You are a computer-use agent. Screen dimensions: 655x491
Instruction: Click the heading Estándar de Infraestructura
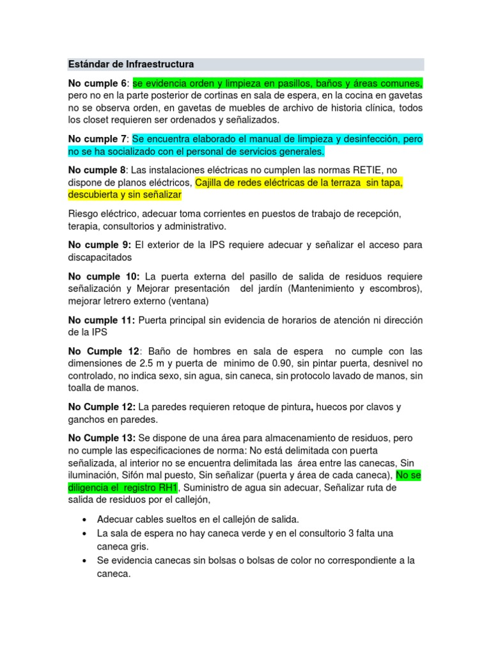(x=130, y=65)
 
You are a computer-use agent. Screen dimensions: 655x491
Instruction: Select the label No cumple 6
(x=98, y=84)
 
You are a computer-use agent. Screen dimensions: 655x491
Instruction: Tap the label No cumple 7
(x=98, y=139)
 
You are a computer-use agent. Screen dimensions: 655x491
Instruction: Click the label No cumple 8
(x=98, y=170)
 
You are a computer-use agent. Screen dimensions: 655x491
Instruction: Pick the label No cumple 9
(x=99, y=245)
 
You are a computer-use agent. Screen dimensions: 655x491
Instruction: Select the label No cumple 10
(x=103, y=276)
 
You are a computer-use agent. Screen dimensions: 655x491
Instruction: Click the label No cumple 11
(x=101, y=320)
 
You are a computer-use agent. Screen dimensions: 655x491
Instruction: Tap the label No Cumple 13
(x=102, y=438)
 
